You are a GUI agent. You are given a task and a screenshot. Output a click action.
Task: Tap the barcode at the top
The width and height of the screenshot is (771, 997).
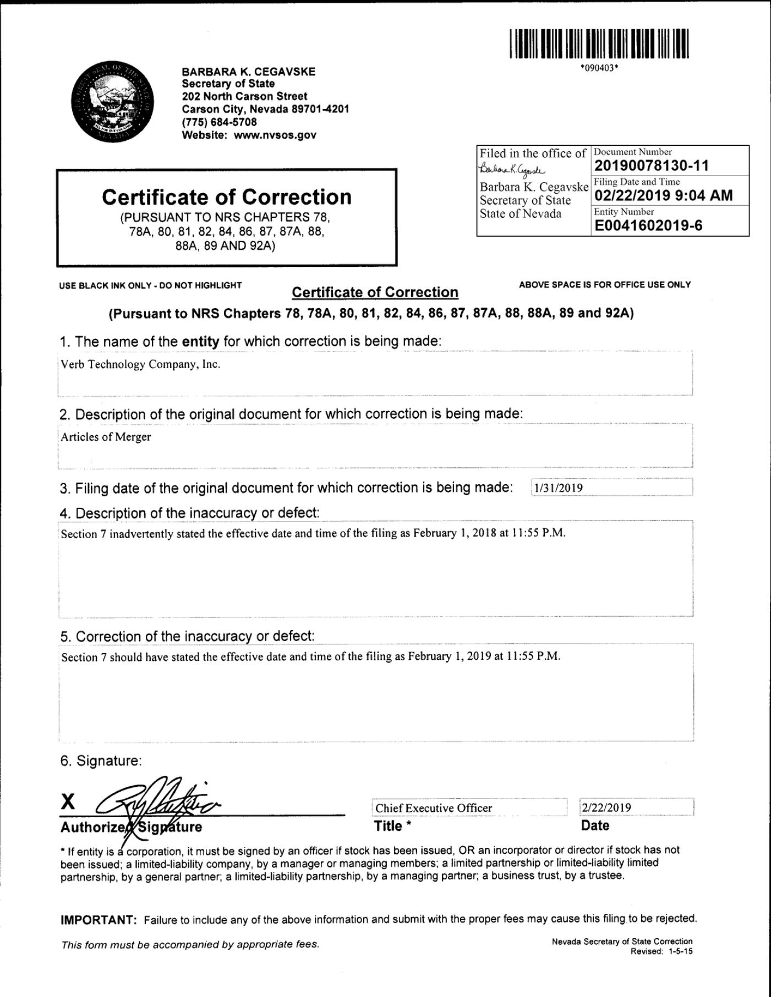click(599, 44)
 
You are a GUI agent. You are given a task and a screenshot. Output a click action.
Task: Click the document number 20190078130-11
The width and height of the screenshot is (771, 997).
click(652, 166)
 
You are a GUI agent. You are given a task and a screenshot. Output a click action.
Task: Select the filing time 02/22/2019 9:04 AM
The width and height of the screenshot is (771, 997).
click(663, 195)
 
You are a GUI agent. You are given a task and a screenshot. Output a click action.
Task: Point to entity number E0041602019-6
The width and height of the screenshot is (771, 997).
click(648, 226)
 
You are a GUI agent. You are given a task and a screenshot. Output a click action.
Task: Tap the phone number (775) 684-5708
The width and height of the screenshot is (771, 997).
click(219, 122)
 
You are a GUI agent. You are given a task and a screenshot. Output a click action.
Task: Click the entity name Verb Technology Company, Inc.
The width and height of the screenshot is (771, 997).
click(140, 364)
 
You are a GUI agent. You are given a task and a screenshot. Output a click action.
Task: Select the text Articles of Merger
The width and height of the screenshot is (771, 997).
click(106, 437)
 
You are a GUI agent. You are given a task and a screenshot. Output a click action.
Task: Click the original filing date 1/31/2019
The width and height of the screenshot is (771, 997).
click(559, 488)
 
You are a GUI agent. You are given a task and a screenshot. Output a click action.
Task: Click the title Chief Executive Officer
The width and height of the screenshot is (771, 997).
click(434, 808)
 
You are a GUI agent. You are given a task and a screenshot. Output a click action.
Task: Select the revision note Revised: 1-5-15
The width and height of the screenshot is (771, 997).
click(661, 952)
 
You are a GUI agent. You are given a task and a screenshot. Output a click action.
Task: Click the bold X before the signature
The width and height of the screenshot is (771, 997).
click(68, 802)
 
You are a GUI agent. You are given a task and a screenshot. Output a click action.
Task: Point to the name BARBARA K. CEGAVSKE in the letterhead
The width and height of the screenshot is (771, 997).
click(249, 72)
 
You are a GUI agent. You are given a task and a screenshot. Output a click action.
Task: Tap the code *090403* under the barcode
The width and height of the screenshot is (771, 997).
click(599, 68)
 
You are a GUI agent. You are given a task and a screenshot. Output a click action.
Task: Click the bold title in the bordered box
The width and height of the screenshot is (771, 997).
click(226, 197)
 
